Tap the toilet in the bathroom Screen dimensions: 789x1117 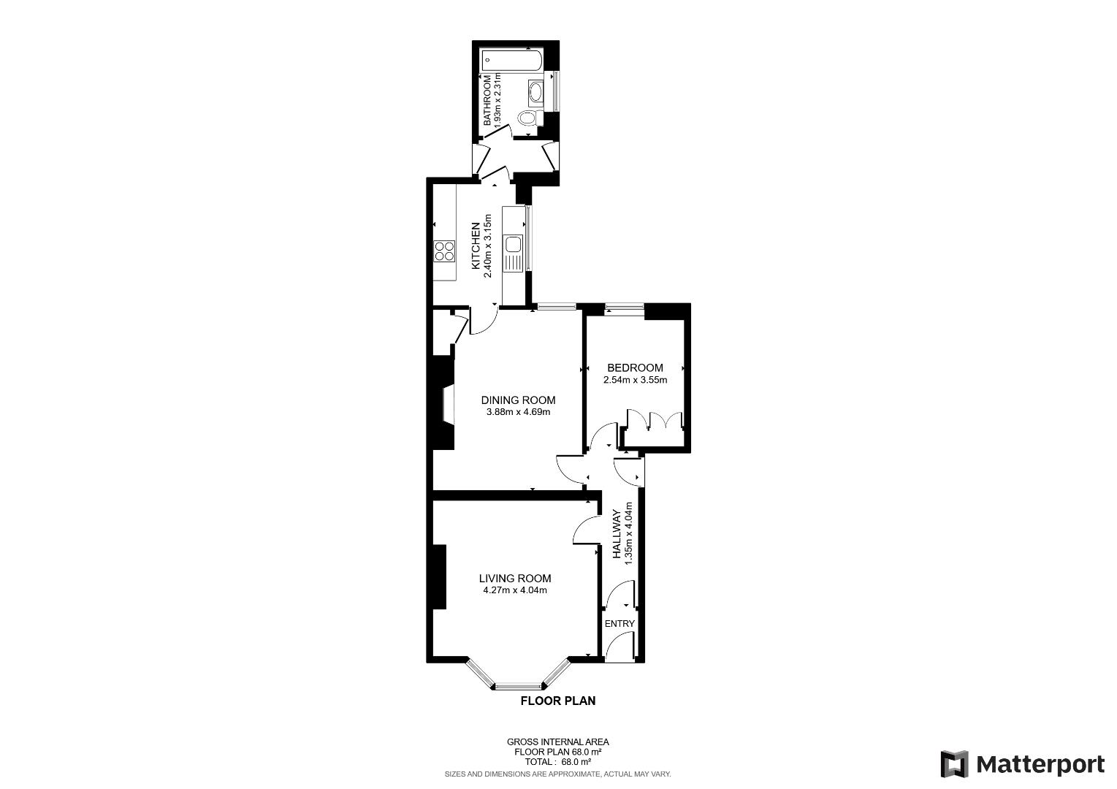click(527, 118)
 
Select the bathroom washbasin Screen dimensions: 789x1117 click(535, 93)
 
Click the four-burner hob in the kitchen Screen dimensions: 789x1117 click(443, 251)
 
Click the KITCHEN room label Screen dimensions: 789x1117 click(476, 242)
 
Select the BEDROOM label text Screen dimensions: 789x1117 click(635, 367)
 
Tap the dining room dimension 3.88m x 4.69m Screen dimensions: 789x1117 click(518, 412)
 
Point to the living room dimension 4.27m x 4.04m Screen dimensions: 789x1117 click(515, 590)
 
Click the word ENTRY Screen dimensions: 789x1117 click(620, 623)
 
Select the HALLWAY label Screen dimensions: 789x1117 click(617, 534)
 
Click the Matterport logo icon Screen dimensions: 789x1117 click(954, 764)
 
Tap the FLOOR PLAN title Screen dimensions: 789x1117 click(557, 701)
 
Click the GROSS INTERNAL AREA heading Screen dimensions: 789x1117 click(557, 742)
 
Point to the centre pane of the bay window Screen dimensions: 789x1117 click(519, 686)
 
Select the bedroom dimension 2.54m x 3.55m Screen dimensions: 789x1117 click(635, 380)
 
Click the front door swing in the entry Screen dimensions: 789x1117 click(620, 646)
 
